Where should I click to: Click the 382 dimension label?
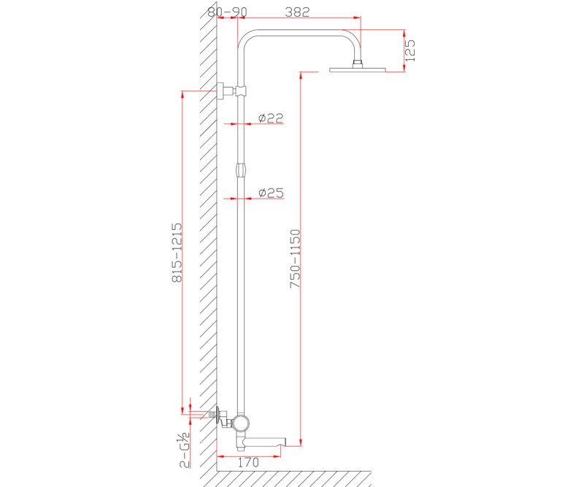point(297,12)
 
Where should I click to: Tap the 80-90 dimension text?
point(227,12)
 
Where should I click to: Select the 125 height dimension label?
point(410,50)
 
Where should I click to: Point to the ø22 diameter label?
point(271,118)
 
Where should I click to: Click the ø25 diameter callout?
point(271,193)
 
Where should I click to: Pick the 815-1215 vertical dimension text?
point(177,253)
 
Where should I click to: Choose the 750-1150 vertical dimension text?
point(295,258)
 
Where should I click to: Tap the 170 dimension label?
point(248,462)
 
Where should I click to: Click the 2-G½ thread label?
point(185,450)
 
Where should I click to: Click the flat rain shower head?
point(358,69)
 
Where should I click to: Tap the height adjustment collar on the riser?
point(241,171)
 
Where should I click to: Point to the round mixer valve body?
point(241,423)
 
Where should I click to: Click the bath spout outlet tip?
point(285,441)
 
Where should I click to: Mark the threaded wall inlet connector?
point(213,414)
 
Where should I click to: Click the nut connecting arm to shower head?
point(358,64)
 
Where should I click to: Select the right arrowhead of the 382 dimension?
point(358,17)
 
